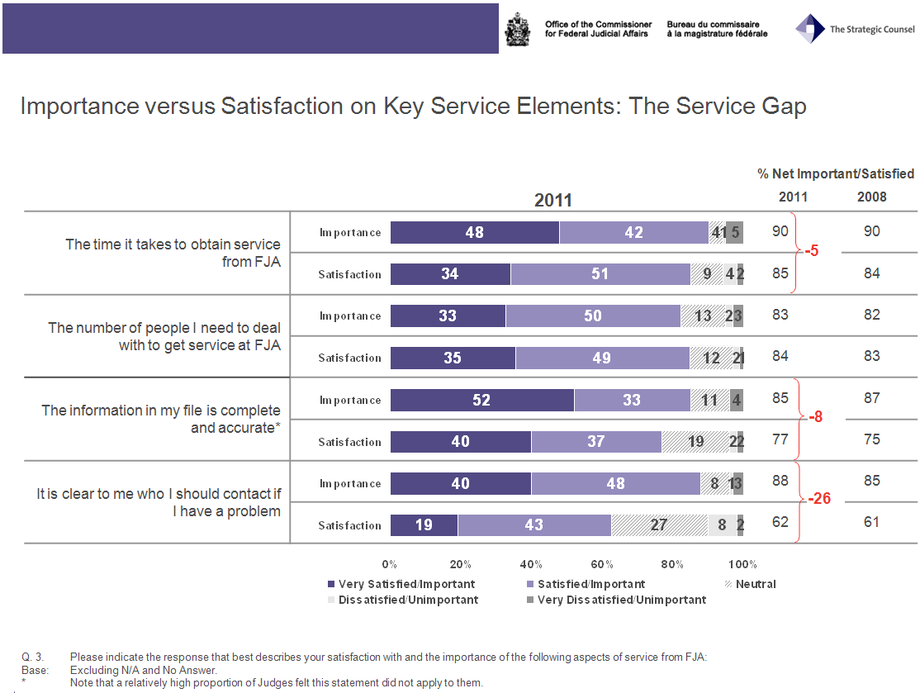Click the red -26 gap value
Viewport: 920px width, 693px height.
(x=818, y=500)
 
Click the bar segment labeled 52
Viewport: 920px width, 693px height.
(x=481, y=400)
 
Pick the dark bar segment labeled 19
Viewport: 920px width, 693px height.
(x=424, y=525)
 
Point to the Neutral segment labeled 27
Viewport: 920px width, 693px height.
(x=658, y=525)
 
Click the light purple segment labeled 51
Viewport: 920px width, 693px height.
(x=600, y=274)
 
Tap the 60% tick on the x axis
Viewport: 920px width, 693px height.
(x=602, y=564)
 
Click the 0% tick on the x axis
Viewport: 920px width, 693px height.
(x=390, y=564)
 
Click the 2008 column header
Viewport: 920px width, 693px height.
(x=871, y=197)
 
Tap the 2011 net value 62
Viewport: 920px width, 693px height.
(x=780, y=522)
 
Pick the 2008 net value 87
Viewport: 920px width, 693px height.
(x=871, y=398)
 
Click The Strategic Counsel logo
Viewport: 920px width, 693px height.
(x=855, y=29)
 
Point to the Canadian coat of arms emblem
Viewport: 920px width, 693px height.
(x=517, y=29)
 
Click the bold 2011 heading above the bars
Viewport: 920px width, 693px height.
(x=552, y=200)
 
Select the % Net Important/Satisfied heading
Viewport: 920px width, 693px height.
(x=835, y=173)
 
